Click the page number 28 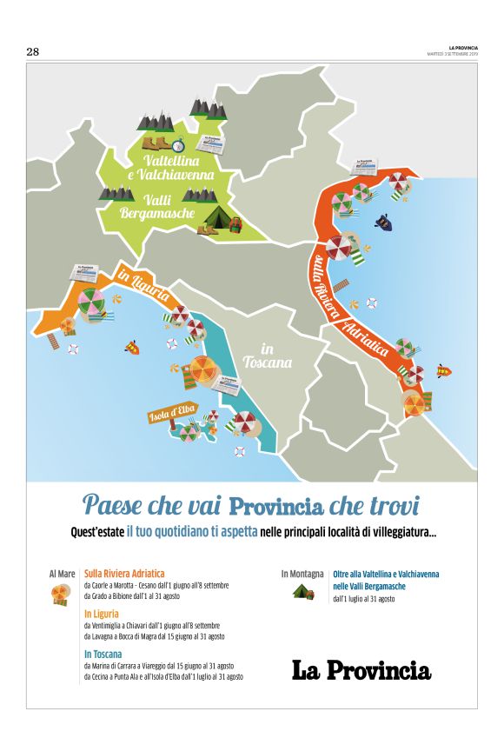33,52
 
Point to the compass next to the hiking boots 179,144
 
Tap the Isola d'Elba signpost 170,414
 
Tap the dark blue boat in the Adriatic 382,222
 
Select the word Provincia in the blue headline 275,505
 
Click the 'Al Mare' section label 62,574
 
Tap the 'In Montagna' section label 302,574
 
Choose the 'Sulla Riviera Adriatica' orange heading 123,574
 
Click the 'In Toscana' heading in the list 103,654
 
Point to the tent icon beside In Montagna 302,592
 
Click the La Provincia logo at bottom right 361,669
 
